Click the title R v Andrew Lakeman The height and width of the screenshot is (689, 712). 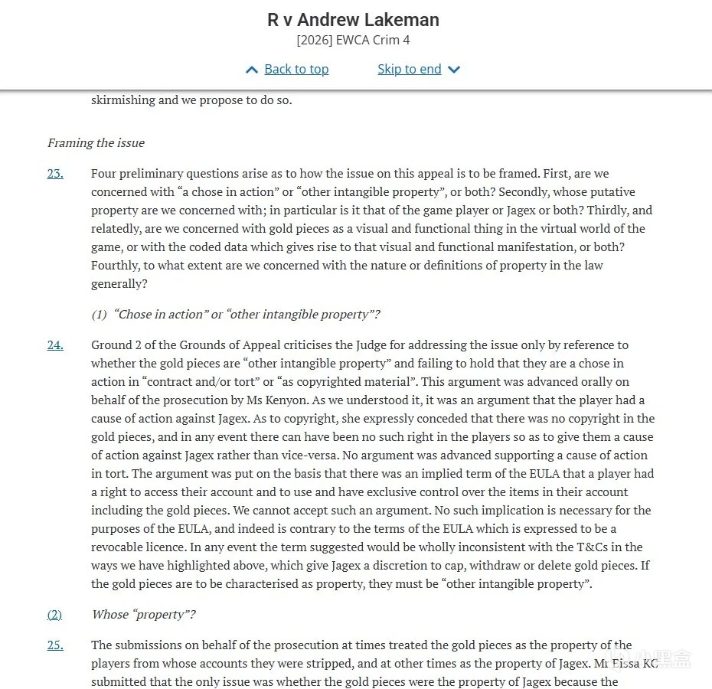click(353, 20)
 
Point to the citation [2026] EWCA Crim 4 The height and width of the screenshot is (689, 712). click(353, 41)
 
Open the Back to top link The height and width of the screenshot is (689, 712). click(296, 70)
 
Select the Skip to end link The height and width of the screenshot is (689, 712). click(409, 70)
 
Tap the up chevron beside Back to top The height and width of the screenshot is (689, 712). click(252, 70)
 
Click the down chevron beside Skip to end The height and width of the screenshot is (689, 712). click(454, 70)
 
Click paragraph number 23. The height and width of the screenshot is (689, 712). click(55, 174)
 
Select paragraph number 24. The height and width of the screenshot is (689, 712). click(55, 345)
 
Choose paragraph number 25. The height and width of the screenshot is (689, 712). click(55, 645)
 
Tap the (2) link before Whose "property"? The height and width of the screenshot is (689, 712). click(54, 615)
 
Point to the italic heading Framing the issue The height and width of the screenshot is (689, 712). click(96, 143)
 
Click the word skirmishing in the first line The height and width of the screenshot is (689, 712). click(122, 100)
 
